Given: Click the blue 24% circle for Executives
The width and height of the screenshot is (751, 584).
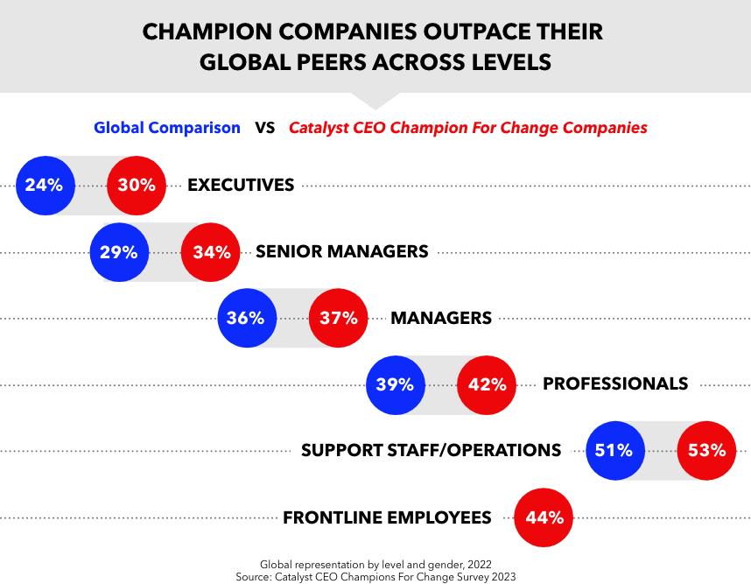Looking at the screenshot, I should point(45,186).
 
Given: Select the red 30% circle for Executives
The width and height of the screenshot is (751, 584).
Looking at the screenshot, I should point(137,186).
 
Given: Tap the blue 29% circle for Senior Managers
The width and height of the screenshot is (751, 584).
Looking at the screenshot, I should point(118,252).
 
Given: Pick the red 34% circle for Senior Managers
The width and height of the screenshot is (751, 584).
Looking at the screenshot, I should point(210,252).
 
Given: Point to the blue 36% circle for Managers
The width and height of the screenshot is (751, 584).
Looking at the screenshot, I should point(246,318).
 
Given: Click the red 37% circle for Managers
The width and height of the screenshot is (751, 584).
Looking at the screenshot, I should point(338,318).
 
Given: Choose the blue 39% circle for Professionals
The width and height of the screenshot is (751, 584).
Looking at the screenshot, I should point(395,384).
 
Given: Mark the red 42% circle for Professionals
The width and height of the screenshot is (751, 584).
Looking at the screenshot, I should point(487,384).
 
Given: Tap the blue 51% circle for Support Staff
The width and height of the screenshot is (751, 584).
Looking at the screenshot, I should point(614,451).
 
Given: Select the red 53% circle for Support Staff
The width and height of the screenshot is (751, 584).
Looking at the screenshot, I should point(706,451).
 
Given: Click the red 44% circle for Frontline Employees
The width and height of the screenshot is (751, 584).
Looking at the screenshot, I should point(543,517).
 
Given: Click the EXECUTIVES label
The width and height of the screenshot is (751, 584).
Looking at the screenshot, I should point(242,185).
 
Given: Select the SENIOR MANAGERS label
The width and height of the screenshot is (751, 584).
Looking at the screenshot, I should point(342,251).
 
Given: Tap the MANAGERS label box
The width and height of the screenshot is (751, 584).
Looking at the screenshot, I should point(441,317).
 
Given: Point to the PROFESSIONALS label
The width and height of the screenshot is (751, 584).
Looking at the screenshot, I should point(615,383).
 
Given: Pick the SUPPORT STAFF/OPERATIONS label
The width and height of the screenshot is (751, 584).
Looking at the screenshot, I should point(431,450).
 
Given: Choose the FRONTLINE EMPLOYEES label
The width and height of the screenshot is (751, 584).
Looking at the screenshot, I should point(387,517).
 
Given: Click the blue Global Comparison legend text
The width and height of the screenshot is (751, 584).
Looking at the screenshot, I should point(167,128).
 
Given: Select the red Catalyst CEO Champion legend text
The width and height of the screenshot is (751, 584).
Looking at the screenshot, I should point(468,128).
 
